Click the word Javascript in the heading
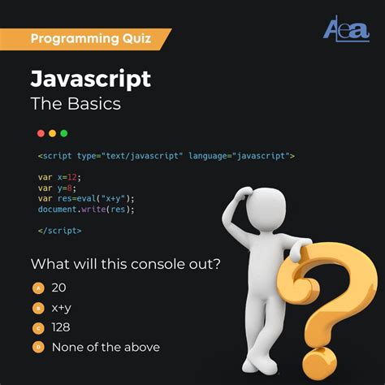coord(91,79)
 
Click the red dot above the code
coord(41,133)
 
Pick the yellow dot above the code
coord(53,133)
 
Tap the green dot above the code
coord(64,133)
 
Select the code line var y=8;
coord(57,188)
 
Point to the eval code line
coord(85,198)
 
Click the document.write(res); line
coord(85,209)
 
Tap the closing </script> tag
coord(59,231)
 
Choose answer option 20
coord(59,288)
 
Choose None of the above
coord(106,347)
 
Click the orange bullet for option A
coord(37,288)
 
